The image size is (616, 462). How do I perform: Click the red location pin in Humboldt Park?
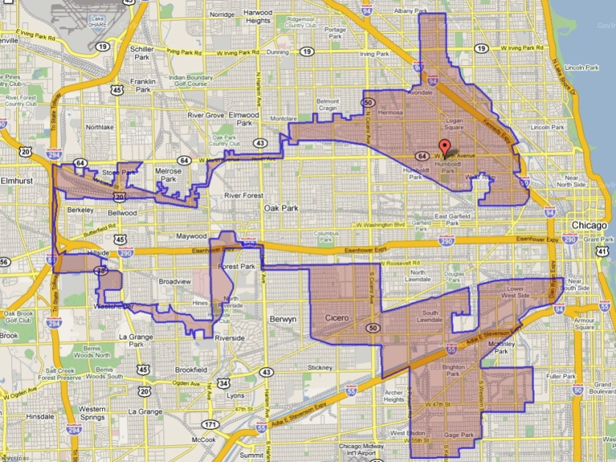443,145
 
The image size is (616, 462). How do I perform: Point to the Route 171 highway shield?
211,425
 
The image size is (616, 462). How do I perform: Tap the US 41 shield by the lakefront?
601,252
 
